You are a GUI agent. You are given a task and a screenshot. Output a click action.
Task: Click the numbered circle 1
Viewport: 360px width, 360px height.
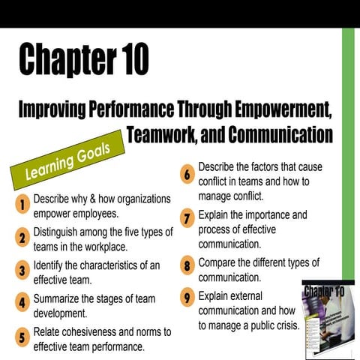tap(23, 204)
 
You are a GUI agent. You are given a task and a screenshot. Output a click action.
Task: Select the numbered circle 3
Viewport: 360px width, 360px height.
tap(23, 271)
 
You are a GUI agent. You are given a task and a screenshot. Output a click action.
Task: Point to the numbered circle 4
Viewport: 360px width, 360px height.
tap(23, 304)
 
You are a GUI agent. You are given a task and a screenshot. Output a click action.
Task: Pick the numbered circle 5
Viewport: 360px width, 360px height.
tap(23, 337)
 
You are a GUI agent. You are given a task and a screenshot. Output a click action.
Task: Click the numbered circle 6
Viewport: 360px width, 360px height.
tap(187, 175)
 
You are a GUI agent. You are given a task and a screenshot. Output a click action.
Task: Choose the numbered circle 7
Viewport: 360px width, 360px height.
tap(187, 220)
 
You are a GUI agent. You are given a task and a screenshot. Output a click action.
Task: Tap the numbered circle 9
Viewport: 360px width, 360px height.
tap(187, 297)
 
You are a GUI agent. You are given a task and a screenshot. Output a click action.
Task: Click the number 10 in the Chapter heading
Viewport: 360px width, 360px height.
tap(129, 59)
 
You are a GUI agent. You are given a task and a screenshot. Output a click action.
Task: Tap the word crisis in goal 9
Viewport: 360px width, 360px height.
tap(284, 325)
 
